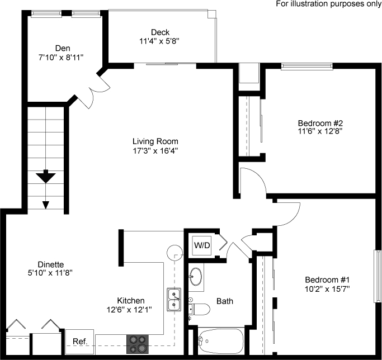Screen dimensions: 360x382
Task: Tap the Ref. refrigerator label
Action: coord(78,341)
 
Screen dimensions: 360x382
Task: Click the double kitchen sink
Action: coord(174,299)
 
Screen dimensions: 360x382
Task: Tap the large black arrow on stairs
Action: coord(46,178)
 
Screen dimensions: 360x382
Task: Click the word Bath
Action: coord(225,301)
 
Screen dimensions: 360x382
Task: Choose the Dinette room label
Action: coord(51,264)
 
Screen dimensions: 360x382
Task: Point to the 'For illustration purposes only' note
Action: coord(328,4)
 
